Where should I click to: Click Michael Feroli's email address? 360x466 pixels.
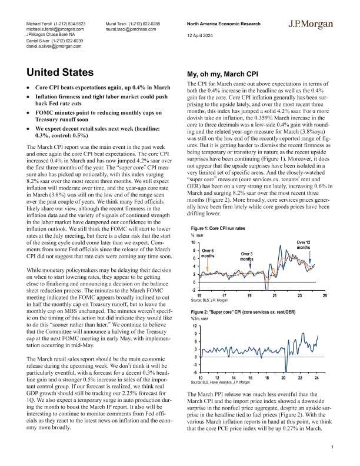[x=55, y=28]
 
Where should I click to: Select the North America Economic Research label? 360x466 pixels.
[x=222, y=23]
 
